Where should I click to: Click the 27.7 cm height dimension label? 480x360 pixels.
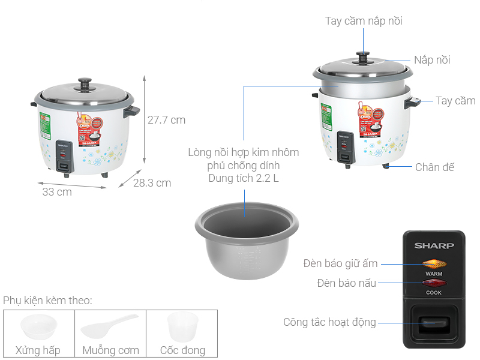[166, 120]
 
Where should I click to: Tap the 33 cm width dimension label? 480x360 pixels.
[57, 192]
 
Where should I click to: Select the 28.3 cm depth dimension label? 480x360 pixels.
[152, 183]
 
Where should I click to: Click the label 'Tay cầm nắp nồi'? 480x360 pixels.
[364, 21]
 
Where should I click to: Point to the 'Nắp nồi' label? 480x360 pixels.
[432, 60]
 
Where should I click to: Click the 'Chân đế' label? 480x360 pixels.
[435, 167]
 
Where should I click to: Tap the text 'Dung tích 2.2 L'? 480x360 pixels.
[244, 178]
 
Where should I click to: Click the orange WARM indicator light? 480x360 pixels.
[434, 263]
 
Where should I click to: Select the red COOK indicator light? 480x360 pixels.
[434, 283]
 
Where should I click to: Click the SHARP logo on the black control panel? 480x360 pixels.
[434, 245]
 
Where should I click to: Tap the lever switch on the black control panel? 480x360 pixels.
[434, 323]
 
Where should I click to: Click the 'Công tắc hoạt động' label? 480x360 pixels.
[329, 323]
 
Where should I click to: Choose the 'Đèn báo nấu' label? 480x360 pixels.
[346, 283]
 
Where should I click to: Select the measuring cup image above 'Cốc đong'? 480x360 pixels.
[181, 326]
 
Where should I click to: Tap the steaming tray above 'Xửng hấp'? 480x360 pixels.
[38, 326]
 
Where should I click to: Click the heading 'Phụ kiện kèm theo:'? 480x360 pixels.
[47, 300]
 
